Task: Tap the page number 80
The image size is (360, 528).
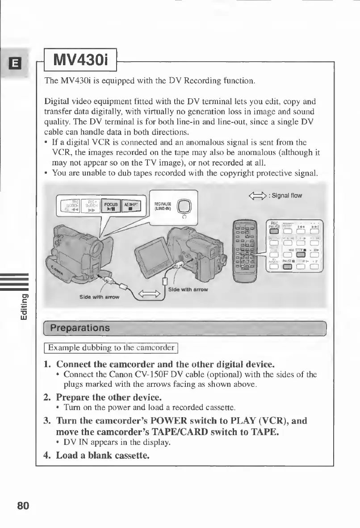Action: coord(23,506)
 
